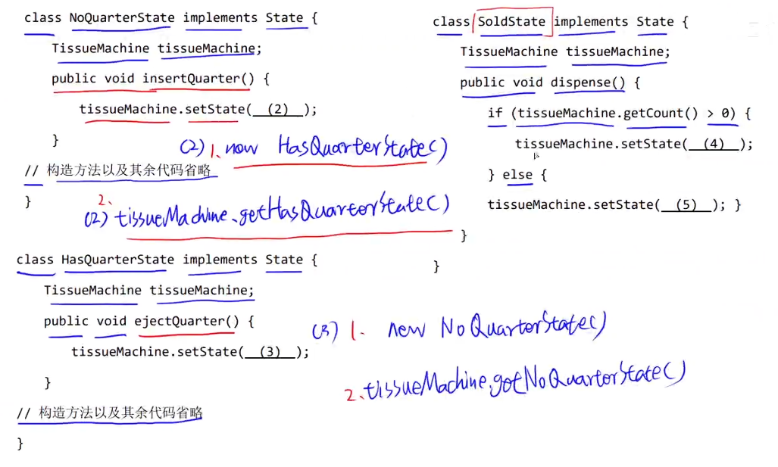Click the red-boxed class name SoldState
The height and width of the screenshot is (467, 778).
(511, 21)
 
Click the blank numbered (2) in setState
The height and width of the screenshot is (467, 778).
(278, 109)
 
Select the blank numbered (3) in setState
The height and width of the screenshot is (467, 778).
(270, 351)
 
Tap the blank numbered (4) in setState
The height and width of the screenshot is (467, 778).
(714, 144)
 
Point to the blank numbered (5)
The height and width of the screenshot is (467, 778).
(687, 204)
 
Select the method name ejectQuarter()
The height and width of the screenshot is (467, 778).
(186, 321)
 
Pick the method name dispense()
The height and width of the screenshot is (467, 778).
(588, 83)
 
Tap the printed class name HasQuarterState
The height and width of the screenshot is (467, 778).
(117, 260)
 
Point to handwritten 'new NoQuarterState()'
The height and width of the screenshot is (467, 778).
(496, 328)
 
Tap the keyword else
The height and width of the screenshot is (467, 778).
(517, 175)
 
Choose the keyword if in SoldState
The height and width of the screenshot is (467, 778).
(495, 114)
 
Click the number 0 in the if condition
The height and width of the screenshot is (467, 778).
(725, 114)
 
